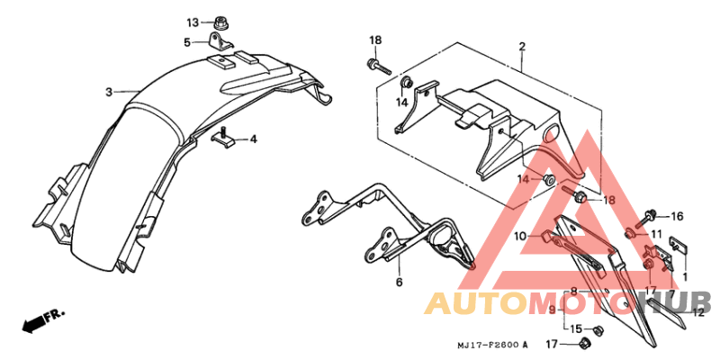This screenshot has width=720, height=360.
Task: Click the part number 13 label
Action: click(x=193, y=22)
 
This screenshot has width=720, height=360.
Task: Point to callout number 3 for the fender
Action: click(x=108, y=93)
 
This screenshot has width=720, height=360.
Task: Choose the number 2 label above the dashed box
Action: click(x=522, y=47)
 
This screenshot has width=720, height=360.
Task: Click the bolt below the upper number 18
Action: click(x=379, y=66)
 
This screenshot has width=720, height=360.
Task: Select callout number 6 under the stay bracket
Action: click(x=399, y=282)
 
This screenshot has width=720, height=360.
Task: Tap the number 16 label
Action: click(x=678, y=216)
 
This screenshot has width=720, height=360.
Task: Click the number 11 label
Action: click(x=657, y=235)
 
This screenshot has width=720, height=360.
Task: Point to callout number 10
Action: click(x=520, y=237)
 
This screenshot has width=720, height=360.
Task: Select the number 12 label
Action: click(x=698, y=312)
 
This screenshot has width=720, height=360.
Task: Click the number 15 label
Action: click(x=576, y=328)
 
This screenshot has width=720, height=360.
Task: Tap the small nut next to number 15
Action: click(x=598, y=328)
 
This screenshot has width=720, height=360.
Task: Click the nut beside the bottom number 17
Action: click(x=585, y=342)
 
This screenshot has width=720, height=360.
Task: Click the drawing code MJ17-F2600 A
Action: click(x=492, y=345)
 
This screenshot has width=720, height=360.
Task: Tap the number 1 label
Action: click(x=685, y=277)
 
